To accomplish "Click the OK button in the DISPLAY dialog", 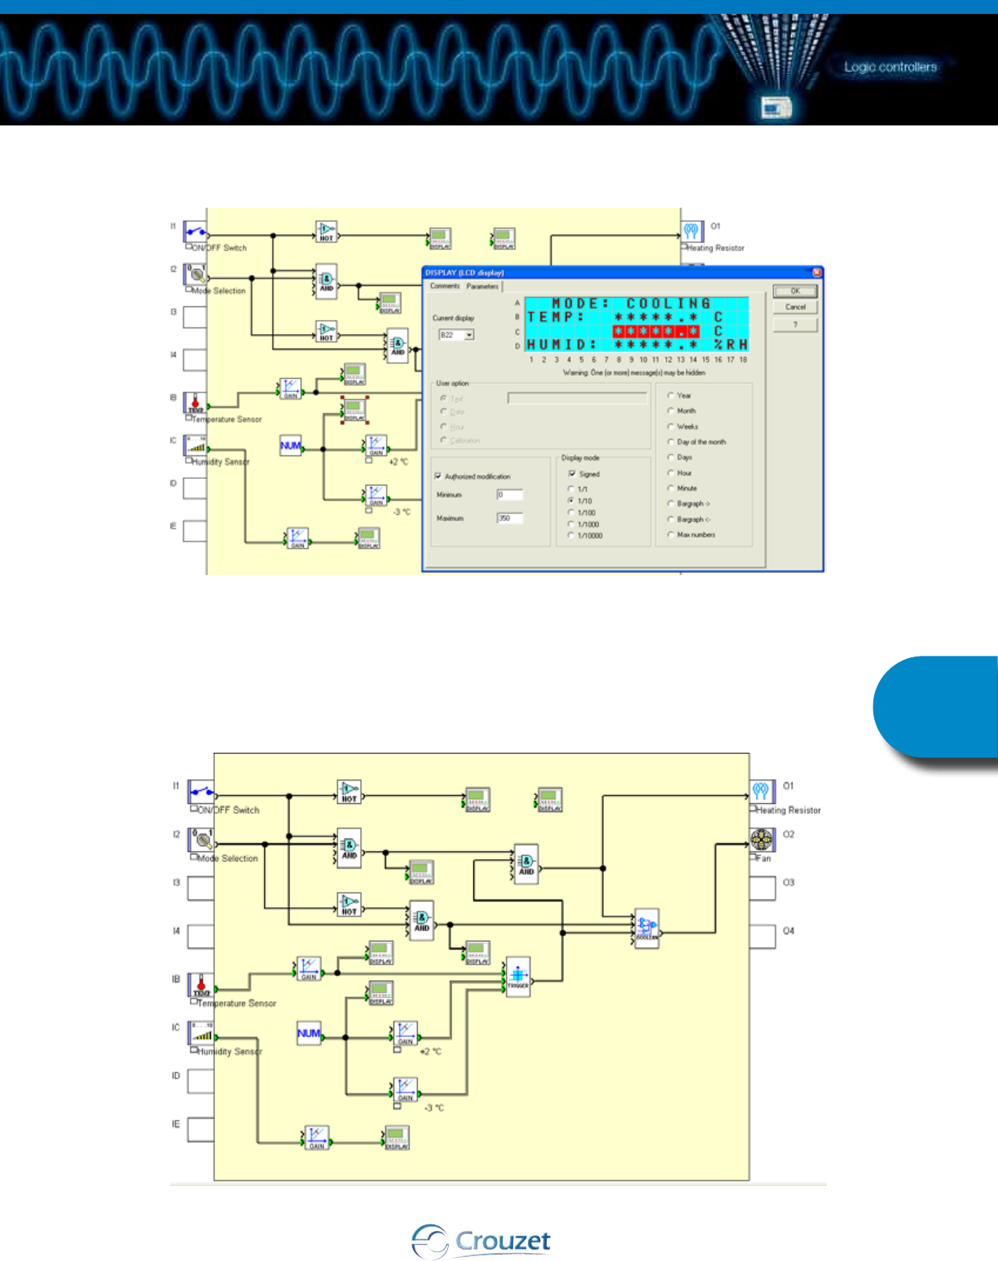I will [794, 291].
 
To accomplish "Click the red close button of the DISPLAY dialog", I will [817, 273].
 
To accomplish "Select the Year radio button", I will [670, 396].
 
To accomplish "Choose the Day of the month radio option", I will [670, 442].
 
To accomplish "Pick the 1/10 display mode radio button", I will [571, 501].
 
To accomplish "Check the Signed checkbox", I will [573, 474].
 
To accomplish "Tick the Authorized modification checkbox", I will [438, 477].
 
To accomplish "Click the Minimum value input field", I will [510, 495].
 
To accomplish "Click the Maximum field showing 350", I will [510, 518].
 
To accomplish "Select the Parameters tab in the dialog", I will [482, 287].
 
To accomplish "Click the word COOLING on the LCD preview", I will [668, 304].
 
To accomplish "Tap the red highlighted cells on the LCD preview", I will [656, 332].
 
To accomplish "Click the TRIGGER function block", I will [518, 974].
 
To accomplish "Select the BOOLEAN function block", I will [647, 927].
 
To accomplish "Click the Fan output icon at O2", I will [762, 840].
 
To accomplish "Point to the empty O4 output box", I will [763, 936].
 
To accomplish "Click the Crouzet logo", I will [481, 1241].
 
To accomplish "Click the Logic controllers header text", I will [890, 67].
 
